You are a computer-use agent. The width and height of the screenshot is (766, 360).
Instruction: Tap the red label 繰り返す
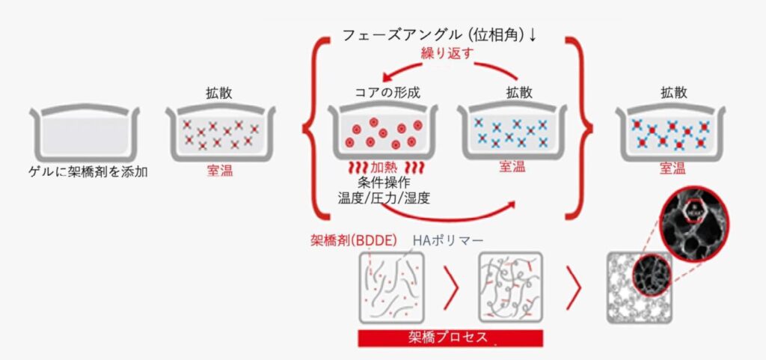click(447, 54)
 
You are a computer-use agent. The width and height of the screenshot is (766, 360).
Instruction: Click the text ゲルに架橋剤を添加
click(88, 172)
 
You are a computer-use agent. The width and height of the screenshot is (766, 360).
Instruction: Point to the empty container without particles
click(85, 132)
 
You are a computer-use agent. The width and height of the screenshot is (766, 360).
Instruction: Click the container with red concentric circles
click(382, 132)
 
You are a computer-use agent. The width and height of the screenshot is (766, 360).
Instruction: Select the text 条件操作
click(384, 184)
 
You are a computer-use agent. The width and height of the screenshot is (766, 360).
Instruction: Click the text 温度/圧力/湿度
click(384, 198)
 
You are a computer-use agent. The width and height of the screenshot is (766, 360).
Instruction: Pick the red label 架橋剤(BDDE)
click(354, 240)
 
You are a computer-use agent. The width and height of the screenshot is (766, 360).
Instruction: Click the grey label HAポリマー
click(449, 240)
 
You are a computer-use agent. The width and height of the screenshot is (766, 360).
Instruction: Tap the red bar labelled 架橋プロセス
click(450, 338)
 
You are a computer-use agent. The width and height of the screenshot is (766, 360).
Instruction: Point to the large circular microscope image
click(693, 218)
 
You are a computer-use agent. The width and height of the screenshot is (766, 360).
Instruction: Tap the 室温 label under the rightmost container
click(672, 168)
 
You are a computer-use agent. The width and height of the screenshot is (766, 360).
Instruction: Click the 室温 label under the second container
click(220, 171)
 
